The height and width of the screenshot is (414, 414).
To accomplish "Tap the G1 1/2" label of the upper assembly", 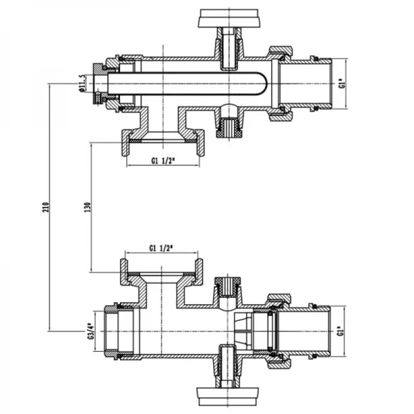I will pos(162,163).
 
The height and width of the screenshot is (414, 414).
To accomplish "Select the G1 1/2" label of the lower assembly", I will pos(162,248).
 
